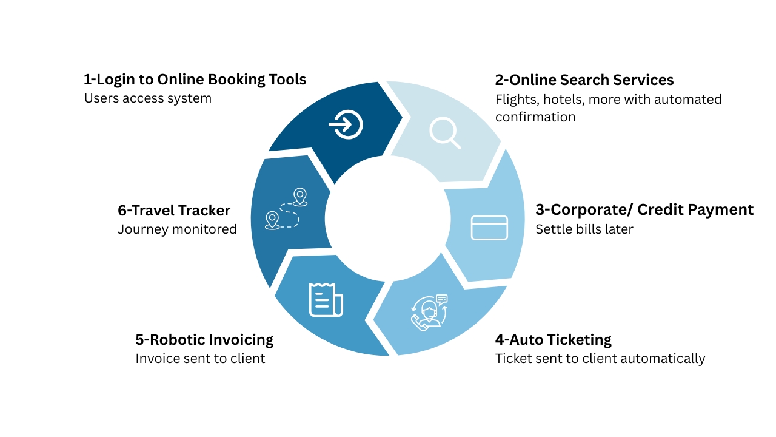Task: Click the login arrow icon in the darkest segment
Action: click(x=346, y=124)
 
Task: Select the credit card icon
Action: click(x=489, y=228)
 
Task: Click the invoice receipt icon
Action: click(x=326, y=300)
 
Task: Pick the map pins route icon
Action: click(x=286, y=209)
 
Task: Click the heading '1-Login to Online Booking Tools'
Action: click(x=195, y=80)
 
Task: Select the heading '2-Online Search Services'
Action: click(x=584, y=80)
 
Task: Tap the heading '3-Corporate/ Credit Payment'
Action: click(x=644, y=210)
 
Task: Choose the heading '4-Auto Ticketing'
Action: click(x=554, y=340)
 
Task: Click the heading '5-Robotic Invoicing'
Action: click(x=204, y=340)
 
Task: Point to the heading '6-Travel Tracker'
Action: click(x=174, y=211)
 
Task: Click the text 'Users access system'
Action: click(x=148, y=98)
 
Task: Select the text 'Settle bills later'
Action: click(x=584, y=229)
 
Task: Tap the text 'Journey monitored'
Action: click(x=177, y=229)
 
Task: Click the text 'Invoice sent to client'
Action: click(x=200, y=359)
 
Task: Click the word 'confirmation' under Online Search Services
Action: click(x=535, y=117)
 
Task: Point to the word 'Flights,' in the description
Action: click(x=517, y=100)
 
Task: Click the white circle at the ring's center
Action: click(x=387, y=218)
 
